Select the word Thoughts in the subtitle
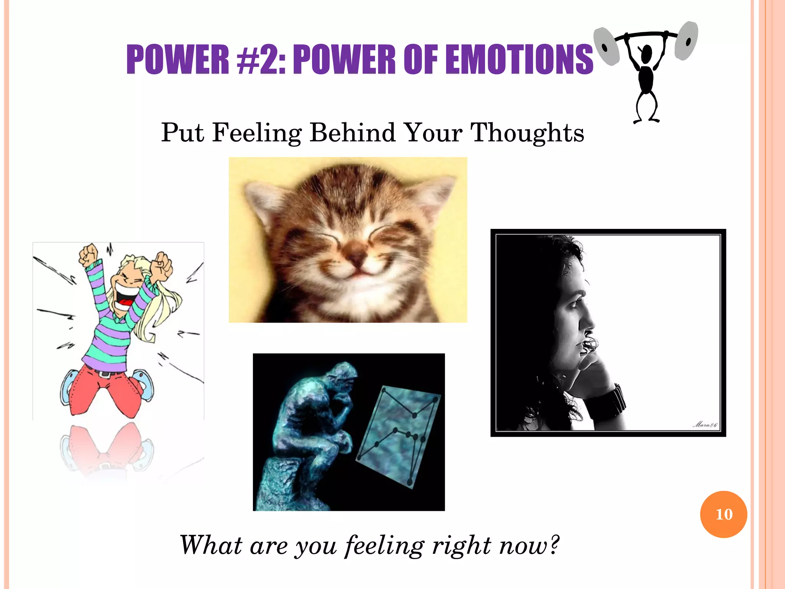coord(527,133)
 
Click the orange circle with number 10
coord(723,514)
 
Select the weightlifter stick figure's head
coord(647,54)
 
